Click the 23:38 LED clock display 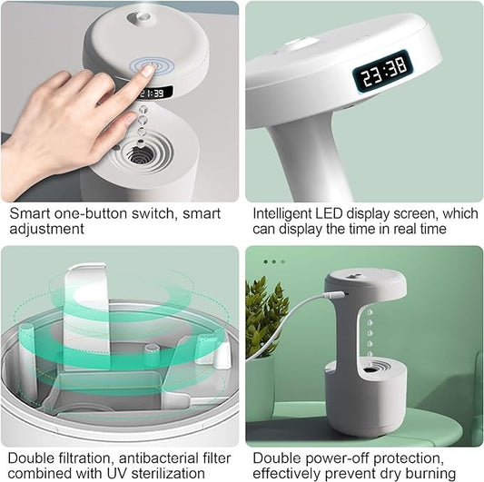[x=381, y=70]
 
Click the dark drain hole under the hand [x=139, y=155]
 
